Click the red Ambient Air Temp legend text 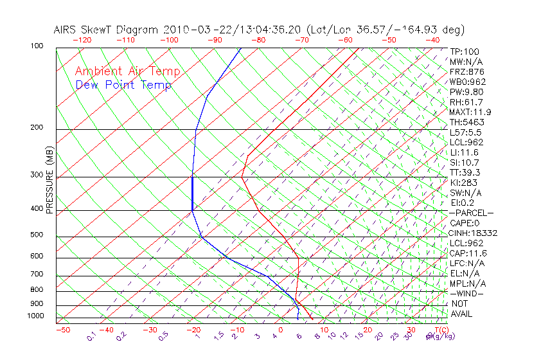pos(128,71)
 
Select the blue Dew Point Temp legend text pos(123,85)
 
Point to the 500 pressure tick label pos(37,235)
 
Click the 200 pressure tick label pos(37,127)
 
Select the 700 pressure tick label pos(37,274)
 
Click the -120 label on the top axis pos(82,40)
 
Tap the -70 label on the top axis pos(301,40)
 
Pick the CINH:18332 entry pos(474,233)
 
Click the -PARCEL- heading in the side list pos(471,213)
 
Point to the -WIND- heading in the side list pos(466,293)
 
